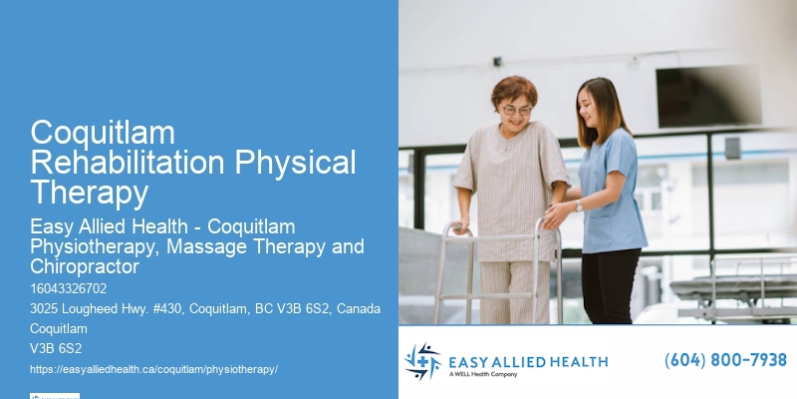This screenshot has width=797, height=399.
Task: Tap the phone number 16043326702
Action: (x=69, y=289)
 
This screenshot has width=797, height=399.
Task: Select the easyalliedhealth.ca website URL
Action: (x=153, y=369)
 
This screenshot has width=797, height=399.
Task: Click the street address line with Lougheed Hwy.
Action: (x=205, y=309)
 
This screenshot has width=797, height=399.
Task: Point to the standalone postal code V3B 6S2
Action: (x=56, y=348)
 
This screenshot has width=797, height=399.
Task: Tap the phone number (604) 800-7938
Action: (x=725, y=360)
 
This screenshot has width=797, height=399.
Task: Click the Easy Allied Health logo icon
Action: (x=422, y=361)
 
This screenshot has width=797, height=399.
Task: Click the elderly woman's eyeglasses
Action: (x=516, y=109)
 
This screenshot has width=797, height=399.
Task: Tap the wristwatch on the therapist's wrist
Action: (x=578, y=205)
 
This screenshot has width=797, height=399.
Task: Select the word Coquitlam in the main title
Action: (x=103, y=133)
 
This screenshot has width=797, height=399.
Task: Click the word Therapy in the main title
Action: (x=89, y=192)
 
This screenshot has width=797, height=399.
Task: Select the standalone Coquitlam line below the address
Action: (x=59, y=328)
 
